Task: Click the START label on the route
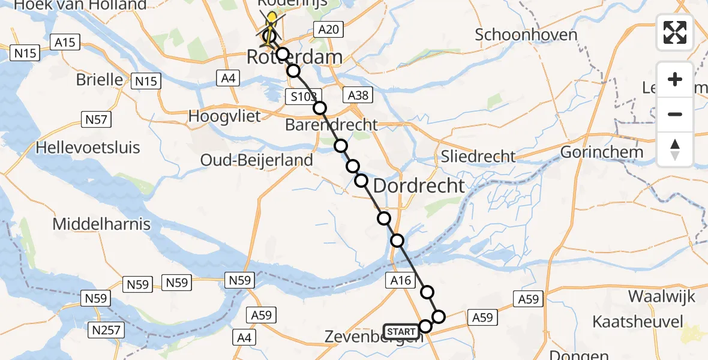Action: pos(400,332)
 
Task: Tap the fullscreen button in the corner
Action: pos(675,32)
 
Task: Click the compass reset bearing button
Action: pos(675,149)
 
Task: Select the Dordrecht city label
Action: pos(419,185)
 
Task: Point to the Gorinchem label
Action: pos(601,152)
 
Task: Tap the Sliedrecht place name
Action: pos(478,157)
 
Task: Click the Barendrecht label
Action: pos(331,125)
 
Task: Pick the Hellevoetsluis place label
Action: pos(88,148)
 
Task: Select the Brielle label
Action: pos(100,80)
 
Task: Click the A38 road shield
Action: pos(358,94)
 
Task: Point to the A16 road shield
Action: pos(399,280)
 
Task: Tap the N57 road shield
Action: pos(96,120)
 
